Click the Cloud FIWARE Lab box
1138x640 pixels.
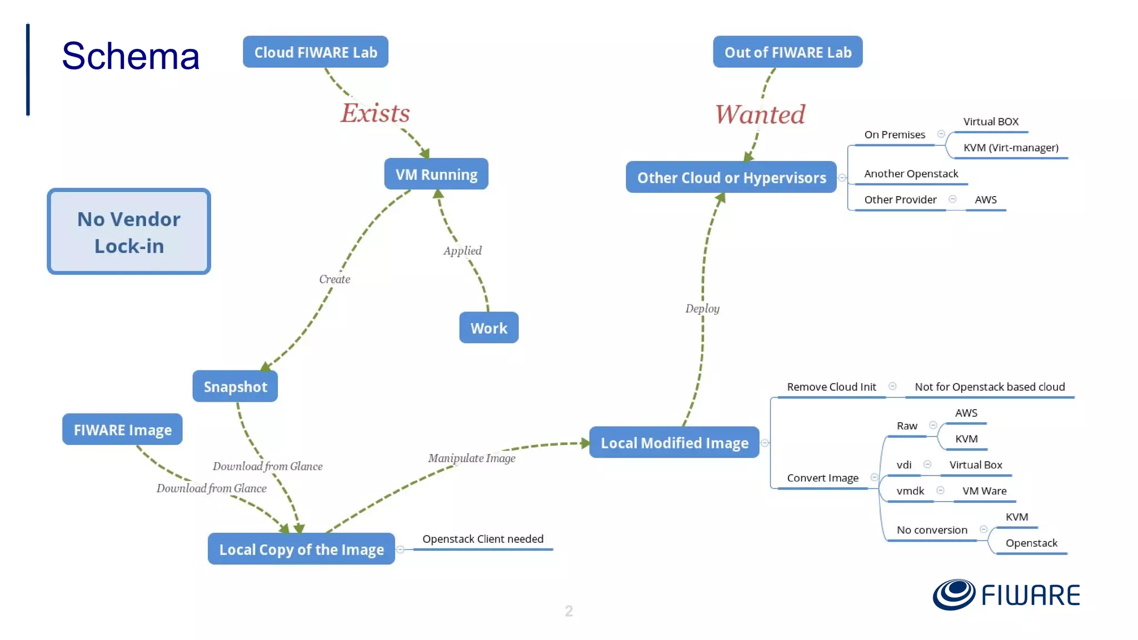(315, 52)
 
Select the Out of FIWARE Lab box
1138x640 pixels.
(787, 52)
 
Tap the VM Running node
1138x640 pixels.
(436, 174)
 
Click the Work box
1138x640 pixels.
(488, 328)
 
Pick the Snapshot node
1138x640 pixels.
(235, 387)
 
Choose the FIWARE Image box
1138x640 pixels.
(122, 429)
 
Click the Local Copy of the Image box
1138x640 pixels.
(301, 549)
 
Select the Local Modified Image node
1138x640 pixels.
(674, 443)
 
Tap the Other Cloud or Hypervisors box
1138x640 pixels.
(731, 178)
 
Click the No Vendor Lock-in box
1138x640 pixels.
(129, 232)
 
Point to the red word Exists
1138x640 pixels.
(375, 113)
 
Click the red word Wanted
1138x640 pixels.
(760, 114)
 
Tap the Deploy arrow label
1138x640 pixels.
(702, 308)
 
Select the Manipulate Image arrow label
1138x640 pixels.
(471, 458)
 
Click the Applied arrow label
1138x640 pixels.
(462, 251)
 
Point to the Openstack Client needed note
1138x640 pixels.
(482, 539)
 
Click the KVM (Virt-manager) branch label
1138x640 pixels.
(1010, 148)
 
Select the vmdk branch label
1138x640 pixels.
(910, 491)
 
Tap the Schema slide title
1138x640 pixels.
(131, 56)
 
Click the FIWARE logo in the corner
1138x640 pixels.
(1006, 594)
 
